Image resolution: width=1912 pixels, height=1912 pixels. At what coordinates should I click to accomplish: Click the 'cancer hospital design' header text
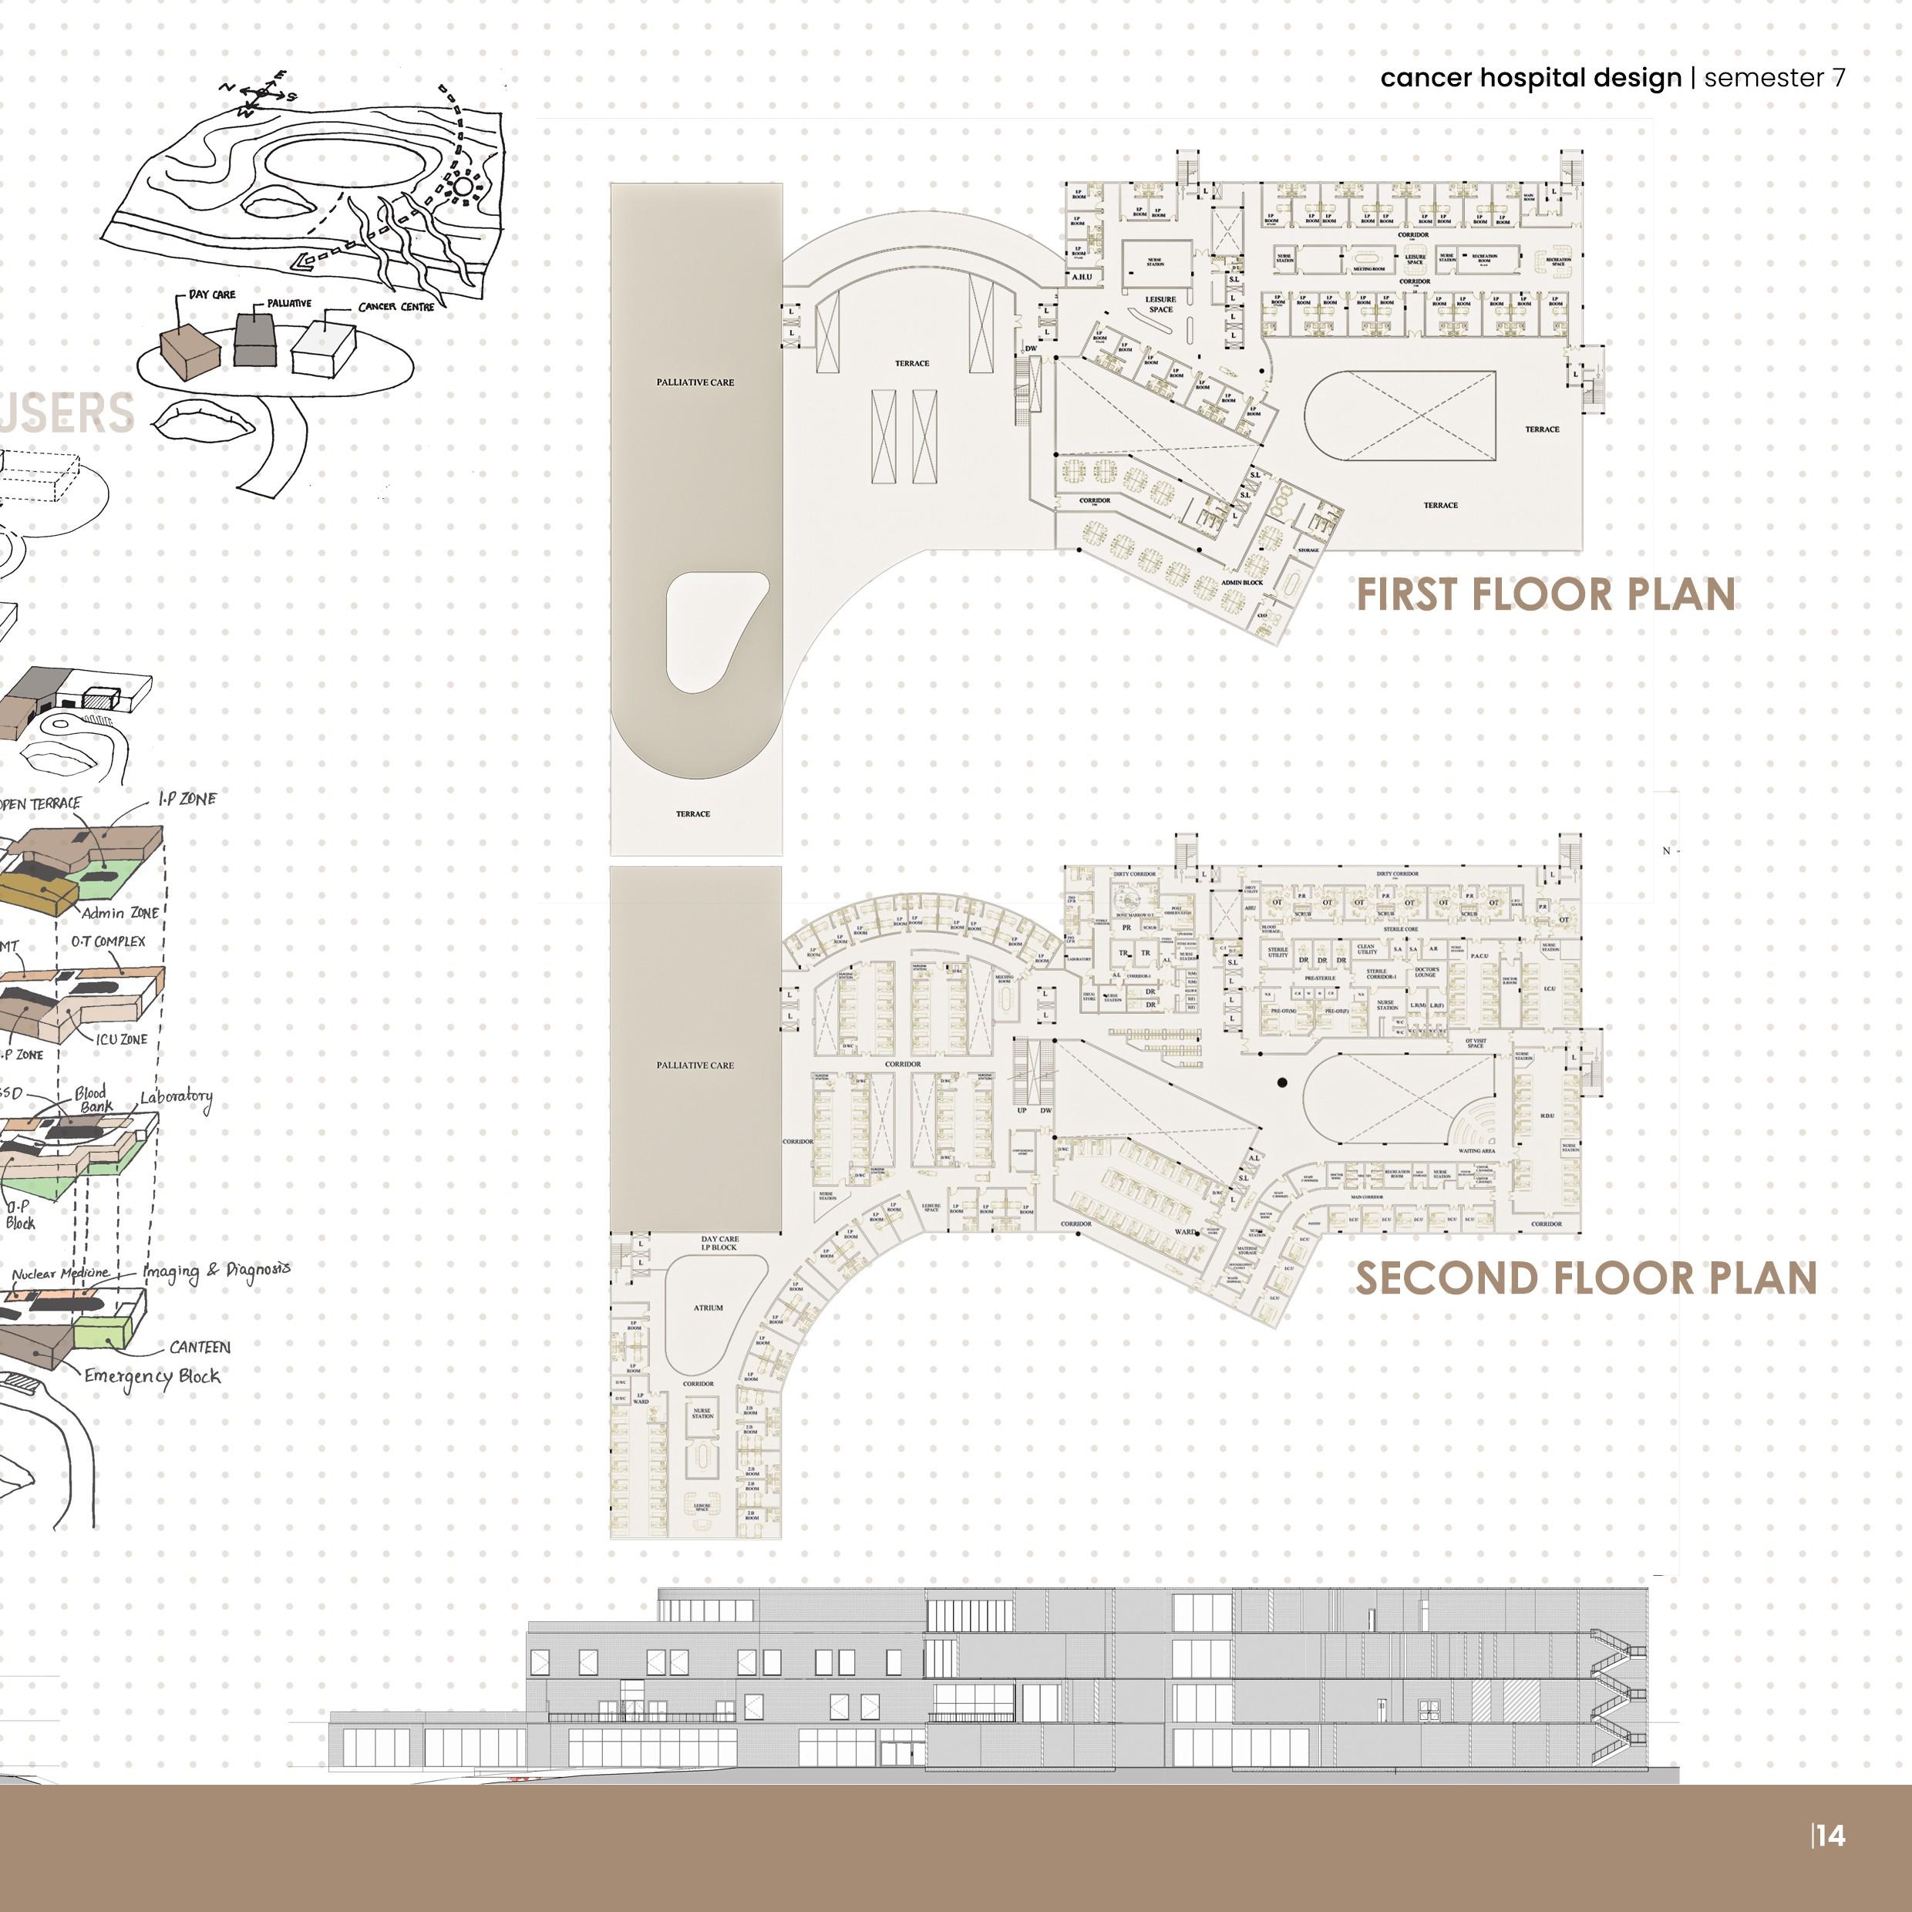click(x=1530, y=78)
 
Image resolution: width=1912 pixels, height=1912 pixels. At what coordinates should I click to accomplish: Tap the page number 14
click(x=1830, y=1835)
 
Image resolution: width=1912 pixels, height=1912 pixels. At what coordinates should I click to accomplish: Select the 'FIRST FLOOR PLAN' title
click(x=1546, y=594)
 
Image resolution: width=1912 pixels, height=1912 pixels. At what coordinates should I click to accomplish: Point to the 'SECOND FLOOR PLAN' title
click(x=1585, y=1278)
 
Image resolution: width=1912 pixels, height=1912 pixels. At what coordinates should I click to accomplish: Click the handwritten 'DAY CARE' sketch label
click(x=212, y=294)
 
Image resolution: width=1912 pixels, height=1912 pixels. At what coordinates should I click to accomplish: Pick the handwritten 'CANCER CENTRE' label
click(x=396, y=307)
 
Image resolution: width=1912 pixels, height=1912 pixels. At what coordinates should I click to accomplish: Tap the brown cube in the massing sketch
click(x=190, y=352)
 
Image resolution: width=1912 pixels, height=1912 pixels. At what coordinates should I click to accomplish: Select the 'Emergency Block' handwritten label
click(x=151, y=1377)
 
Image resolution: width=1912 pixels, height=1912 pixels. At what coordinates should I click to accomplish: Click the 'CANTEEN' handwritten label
click(x=200, y=1347)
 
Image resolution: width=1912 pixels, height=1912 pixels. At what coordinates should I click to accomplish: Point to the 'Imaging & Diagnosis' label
click(x=217, y=1270)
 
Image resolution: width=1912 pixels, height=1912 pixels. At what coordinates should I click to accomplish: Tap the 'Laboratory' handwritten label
click(x=176, y=1098)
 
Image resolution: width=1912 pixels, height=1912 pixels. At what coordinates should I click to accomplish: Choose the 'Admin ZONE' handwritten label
click(x=119, y=913)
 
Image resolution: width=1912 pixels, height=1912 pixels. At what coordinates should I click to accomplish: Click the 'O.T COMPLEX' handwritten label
click(x=108, y=941)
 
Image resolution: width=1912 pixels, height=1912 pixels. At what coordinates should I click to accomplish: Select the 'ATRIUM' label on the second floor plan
click(x=708, y=1308)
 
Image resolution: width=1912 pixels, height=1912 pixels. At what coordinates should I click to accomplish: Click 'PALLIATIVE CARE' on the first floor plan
click(x=695, y=382)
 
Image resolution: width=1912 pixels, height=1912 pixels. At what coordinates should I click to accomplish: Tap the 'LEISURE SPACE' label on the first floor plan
click(x=1161, y=304)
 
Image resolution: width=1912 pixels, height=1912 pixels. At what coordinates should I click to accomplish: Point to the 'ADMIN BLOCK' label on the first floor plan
click(x=1242, y=582)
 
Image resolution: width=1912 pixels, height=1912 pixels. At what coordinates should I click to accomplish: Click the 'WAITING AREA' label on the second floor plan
click(x=1476, y=1151)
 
